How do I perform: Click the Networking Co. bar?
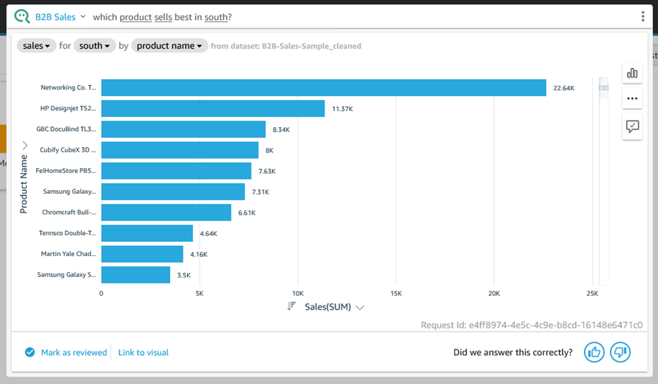pyautogui.click(x=323, y=88)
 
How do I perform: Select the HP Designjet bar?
pyautogui.click(x=213, y=109)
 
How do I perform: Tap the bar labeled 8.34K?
pyautogui.click(x=183, y=129)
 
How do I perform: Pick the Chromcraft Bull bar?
pyautogui.click(x=166, y=213)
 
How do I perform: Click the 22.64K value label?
pyautogui.click(x=563, y=89)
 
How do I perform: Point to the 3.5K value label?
pyautogui.click(x=184, y=275)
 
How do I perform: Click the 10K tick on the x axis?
pyautogui.click(x=298, y=293)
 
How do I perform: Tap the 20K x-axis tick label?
pyautogui.click(x=494, y=293)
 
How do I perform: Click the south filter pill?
pyautogui.click(x=95, y=46)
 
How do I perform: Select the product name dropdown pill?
pyautogui.click(x=169, y=46)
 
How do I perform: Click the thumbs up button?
pyautogui.click(x=594, y=352)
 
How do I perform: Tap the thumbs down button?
pyautogui.click(x=620, y=352)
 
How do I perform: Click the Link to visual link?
pyautogui.click(x=143, y=353)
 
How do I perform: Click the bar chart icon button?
pyautogui.click(x=632, y=73)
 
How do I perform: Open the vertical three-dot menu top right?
pyautogui.click(x=643, y=17)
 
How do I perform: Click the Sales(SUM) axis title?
pyautogui.click(x=328, y=307)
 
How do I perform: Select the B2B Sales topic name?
pyautogui.click(x=55, y=17)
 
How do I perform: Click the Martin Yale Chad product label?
pyautogui.click(x=68, y=254)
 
